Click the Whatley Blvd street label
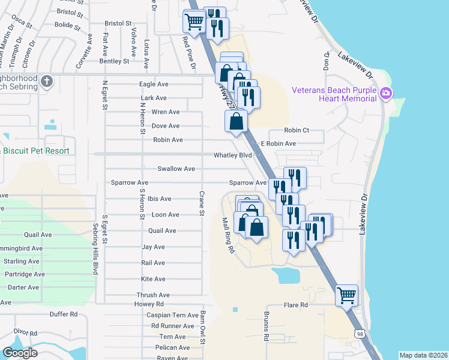(232, 155)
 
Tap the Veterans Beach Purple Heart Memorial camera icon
(386, 93)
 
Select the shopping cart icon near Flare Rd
(346, 295)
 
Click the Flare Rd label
(296, 305)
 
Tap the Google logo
(20, 353)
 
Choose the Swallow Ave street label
(176, 169)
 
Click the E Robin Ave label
(278, 144)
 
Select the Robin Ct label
(297, 130)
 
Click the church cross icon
(47, 80)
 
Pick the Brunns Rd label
(265, 325)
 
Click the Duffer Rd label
(64, 314)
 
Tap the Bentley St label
(114, 61)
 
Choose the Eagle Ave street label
(154, 85)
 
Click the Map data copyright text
(423, 355)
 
